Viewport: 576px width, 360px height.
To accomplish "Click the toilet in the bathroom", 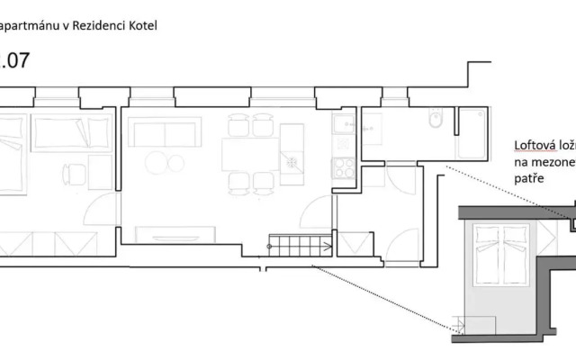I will [435, 119].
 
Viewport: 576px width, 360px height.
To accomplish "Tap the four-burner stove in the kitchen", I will [343, 167].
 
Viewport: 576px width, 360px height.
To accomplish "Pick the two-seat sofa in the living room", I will [166, 132].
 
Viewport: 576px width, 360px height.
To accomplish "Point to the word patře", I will [528, 179].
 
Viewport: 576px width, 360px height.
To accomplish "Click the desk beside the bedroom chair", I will [100, 171].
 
